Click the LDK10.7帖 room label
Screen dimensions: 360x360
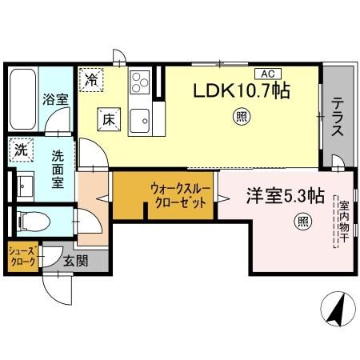[239, 90]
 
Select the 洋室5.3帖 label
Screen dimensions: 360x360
[284, 194]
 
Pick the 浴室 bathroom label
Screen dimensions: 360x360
[54, 98]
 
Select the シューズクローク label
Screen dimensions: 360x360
[21, 256]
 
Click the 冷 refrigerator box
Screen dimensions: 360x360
[92, 80]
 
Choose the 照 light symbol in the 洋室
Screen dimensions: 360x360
[302, 221]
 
